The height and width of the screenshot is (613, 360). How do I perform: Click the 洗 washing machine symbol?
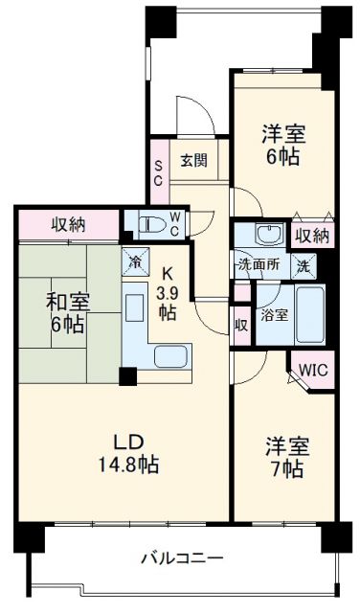coord(302,265)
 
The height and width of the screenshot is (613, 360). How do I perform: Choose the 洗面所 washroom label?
coord(258,265)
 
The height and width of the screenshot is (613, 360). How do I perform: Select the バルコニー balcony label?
coord(182,556)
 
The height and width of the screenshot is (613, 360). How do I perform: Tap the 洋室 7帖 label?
coord(285,457)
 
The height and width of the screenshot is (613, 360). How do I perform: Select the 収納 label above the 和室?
coord(69,225)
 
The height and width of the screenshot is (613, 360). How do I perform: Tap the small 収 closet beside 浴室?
coord(240,325)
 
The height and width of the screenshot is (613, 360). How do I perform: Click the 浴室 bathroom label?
coord(275,315)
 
